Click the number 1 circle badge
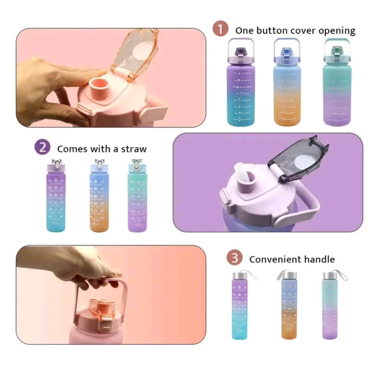tap(220, 30)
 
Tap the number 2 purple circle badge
tap(43, 148)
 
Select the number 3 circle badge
tap(235, 258)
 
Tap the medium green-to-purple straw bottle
tap(137, 199)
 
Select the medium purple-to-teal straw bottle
tap(56, 199)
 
